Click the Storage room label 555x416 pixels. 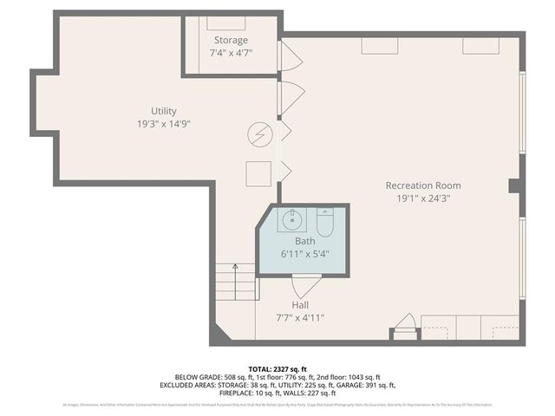click(231, 40)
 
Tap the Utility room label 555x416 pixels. click(164, 111)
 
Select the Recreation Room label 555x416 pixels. click(423, 185)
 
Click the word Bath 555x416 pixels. click(305, 241)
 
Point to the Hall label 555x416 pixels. click(300, 305)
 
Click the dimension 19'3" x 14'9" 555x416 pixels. click(164, 124)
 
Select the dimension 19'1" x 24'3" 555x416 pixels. click(423, 198)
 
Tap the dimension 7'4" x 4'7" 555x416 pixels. click(231, 54)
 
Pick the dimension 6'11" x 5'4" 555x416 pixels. click(305, 254)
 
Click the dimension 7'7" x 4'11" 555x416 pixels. click(300, 318)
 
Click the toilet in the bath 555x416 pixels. click(324, 223)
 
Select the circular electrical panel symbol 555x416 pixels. click(259, 134)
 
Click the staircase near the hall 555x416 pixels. click(236, 282)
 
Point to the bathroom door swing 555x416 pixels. click(307, 285)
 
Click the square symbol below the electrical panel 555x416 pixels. click(258, 172)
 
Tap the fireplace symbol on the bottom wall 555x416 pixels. click(404, 328)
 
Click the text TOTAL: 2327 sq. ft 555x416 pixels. click(277, 367)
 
